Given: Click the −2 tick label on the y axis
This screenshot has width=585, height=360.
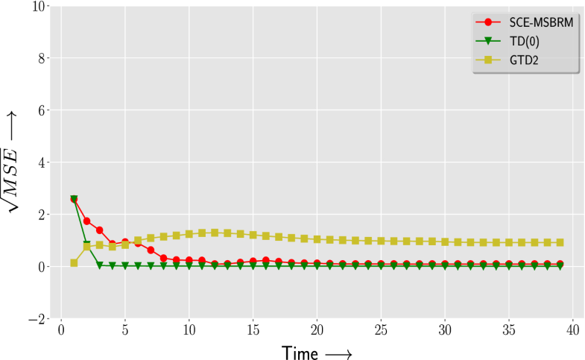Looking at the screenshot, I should point(37,319).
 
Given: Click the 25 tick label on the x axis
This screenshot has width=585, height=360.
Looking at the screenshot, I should point(381,329).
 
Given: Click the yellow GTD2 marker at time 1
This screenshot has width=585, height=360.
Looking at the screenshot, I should point(74,262).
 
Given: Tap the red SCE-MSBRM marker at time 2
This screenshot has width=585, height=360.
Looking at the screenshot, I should point(86,221).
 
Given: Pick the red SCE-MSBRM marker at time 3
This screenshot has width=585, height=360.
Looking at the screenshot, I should point(99,230).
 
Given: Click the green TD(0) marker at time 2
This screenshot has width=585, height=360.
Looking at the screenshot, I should point(86,244).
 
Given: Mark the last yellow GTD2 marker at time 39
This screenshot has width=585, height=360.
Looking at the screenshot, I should point(560,242).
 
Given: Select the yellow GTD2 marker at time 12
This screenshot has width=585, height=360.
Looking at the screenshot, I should point(215,233).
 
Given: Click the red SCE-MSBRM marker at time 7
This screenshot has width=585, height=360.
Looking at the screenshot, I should point(151,250).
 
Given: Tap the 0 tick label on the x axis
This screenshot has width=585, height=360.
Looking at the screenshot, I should point(61,329).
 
